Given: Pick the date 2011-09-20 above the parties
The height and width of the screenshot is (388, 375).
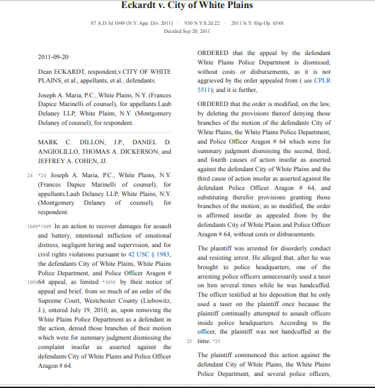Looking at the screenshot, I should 53,56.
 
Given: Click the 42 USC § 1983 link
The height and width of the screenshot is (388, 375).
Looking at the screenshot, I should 151,254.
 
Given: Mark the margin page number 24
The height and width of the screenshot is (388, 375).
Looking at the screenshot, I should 30,175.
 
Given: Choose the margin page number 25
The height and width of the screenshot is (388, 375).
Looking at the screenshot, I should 189,341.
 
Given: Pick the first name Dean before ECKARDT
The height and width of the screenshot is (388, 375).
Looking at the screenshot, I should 45,70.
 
